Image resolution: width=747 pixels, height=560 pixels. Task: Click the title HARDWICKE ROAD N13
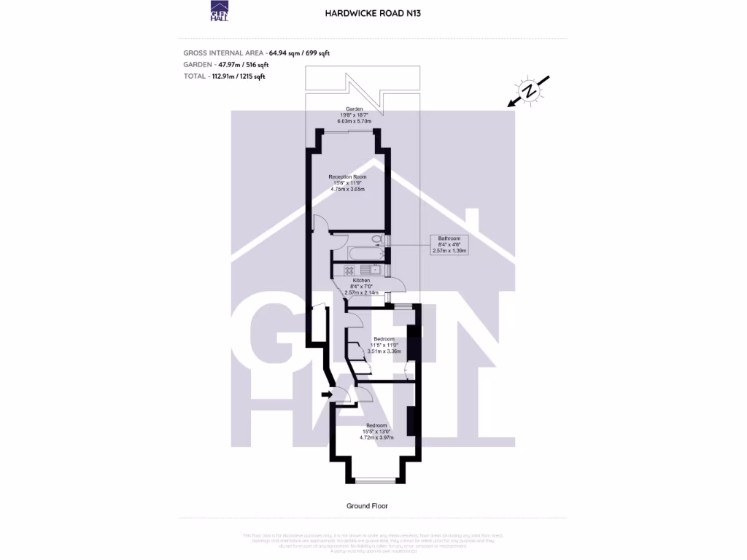point(373,12)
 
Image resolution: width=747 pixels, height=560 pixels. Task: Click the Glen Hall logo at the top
point(219,12)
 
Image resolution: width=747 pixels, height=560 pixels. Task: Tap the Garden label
point(355,109)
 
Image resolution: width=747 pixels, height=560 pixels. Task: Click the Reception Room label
point(347,177)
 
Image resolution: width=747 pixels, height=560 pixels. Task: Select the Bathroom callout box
point(449,244)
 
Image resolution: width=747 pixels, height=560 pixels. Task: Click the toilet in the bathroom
point(377,238)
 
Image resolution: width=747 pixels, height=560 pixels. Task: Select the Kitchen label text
point(361,280)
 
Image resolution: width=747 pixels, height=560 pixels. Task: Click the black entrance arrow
point(325,395)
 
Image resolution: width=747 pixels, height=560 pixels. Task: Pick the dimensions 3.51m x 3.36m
point(384,351)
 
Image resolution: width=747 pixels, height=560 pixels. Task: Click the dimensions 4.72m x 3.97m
point(376,438)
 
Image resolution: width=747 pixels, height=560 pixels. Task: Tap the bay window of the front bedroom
point(375,480)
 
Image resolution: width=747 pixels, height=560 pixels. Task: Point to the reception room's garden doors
point(347,131)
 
